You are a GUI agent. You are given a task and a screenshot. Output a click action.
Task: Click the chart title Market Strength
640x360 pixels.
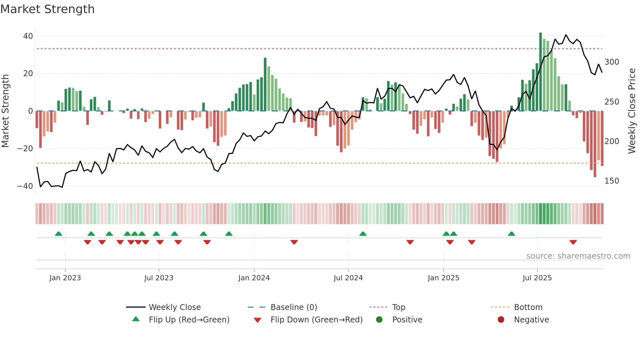click(47, 9)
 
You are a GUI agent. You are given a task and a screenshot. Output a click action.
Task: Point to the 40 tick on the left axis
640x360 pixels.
click(28, 36)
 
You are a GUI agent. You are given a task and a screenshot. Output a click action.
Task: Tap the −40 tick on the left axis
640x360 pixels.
click(25, 186)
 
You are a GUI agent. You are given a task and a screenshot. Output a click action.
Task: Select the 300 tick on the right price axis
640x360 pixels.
click(612, 62)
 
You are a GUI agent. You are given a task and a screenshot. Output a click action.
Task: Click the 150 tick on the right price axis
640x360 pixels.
click(612, 181)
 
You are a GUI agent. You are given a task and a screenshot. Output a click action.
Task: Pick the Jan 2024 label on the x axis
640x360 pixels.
click(254, 278)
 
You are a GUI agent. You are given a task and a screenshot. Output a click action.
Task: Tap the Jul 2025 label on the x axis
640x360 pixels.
click(537, 278)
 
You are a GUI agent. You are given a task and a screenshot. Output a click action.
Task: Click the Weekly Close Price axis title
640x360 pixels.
click(632, 111)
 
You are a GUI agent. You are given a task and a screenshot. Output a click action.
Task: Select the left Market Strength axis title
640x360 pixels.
click(5, 111)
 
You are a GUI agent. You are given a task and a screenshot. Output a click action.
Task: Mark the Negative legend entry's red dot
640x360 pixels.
click(501, 319)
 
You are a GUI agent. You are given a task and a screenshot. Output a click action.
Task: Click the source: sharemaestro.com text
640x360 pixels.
click(578, 256)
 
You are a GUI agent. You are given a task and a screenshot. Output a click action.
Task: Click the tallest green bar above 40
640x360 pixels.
click(540, 72)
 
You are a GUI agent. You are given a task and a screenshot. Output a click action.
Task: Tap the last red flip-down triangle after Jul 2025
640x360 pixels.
click(573, 242)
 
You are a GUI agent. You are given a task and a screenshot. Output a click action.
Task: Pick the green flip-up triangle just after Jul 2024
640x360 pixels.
click(363, 234)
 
